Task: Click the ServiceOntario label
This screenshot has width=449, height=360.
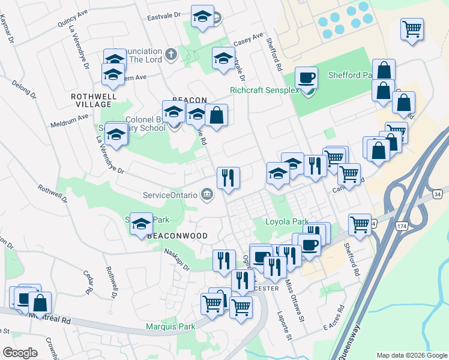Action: click(x=171, y=195)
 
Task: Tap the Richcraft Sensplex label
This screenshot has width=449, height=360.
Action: click(x=264, y=91)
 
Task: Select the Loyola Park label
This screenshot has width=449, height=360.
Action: click(x=286, y=221)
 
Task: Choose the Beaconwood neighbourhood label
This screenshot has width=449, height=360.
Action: click(x=178, y=236)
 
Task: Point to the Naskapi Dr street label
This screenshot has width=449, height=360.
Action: click(x=176, y=259)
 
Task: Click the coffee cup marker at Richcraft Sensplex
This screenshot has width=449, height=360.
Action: click(x=307, y=77)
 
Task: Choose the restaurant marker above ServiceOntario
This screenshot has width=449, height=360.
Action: click(x=228, y=178)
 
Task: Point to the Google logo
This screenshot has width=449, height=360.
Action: click(x=20, y=353)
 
